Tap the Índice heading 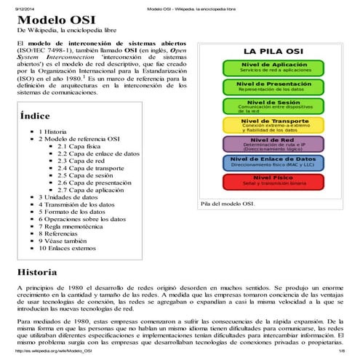tap(36, 114)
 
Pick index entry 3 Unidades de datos tap(71, 197)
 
